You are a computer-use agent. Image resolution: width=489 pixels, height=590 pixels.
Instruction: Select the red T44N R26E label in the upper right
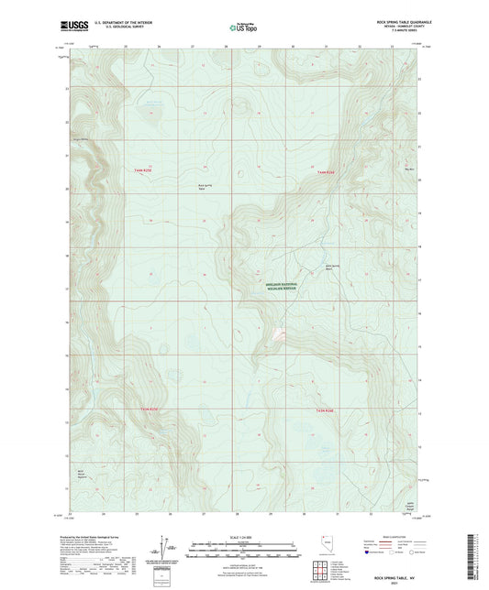(328, 171)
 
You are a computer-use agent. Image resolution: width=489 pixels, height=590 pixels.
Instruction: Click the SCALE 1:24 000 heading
(244, 537)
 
